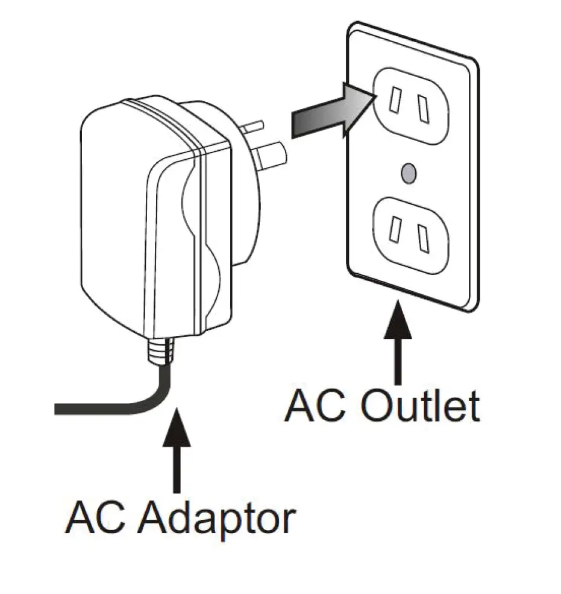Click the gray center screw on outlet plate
tap(409, 173)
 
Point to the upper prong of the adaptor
tap(254, 127)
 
